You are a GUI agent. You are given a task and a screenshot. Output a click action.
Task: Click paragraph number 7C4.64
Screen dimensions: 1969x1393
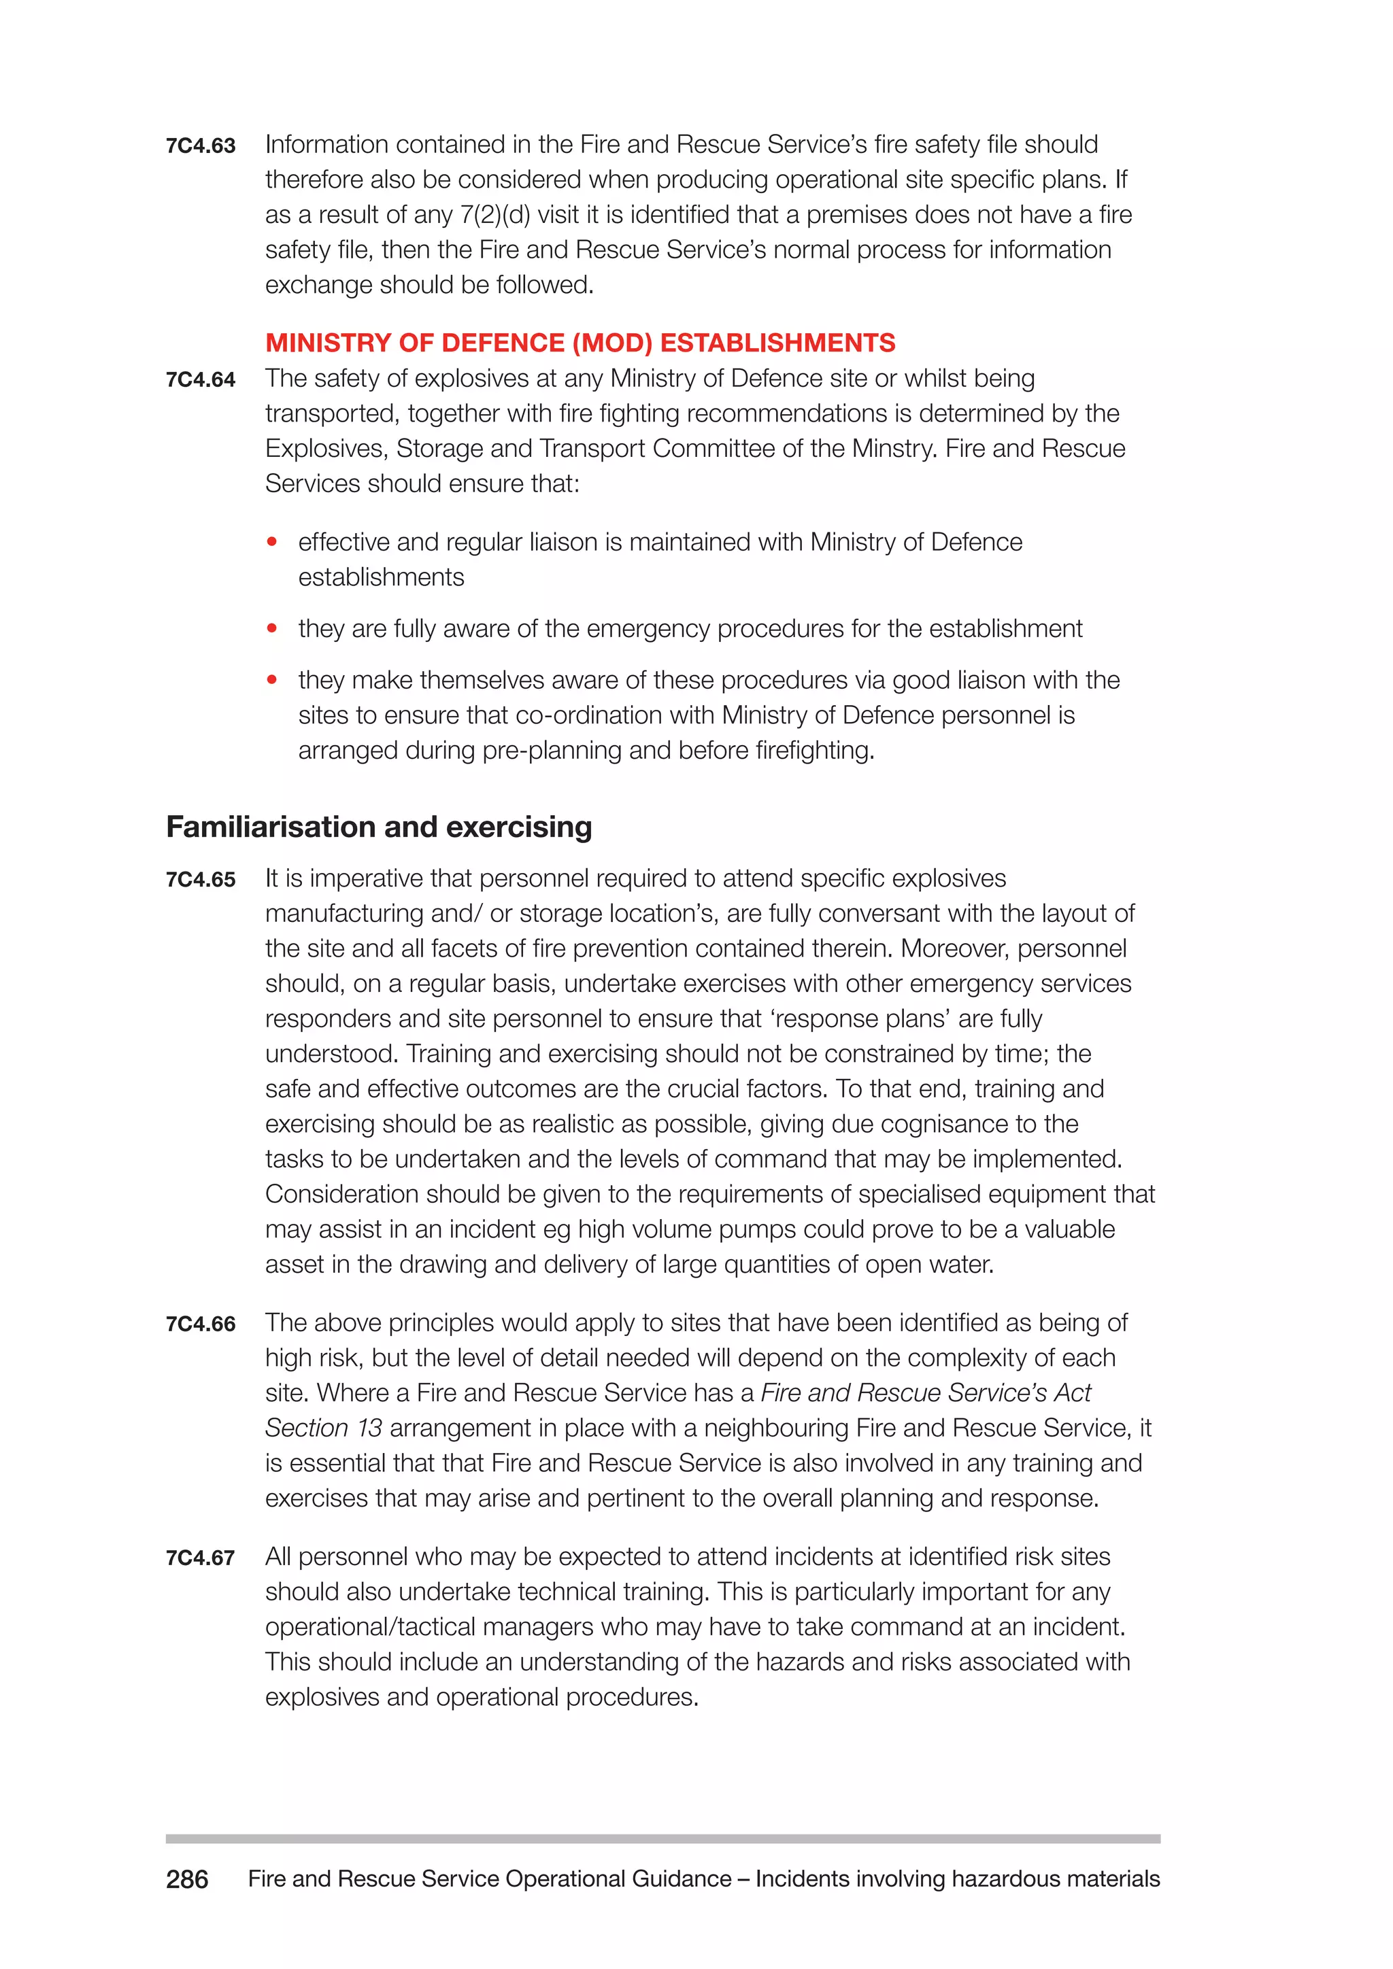[201, 380]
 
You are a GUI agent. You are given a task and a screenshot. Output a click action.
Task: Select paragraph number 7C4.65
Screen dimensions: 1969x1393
[201, 880]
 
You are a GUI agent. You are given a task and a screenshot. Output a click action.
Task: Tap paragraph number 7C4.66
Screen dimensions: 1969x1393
[201, 1324]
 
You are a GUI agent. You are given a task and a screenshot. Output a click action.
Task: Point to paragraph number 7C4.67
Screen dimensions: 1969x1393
[201, 1558]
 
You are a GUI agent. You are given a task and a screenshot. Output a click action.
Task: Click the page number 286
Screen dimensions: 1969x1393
[187, 1879]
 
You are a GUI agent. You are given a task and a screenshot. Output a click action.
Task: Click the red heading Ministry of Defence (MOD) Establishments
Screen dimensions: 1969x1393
[580, 343]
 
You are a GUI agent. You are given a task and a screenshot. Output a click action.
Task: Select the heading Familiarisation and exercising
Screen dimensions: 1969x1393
[379, 827]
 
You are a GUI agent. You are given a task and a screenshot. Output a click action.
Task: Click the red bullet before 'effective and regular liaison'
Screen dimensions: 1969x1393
[272, 542]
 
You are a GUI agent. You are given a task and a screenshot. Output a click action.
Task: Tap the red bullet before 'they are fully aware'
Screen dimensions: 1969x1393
[272, 629]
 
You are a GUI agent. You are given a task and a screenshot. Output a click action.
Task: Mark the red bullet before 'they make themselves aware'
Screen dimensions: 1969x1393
[272, 680]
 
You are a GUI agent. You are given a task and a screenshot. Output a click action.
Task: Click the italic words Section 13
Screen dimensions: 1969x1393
[323, 1428]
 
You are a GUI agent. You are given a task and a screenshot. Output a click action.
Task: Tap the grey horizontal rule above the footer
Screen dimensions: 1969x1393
[662, 1838]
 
